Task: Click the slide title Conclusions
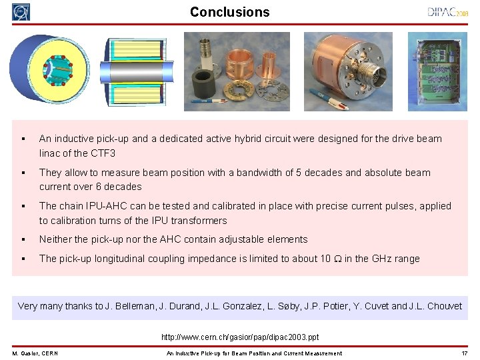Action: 229,12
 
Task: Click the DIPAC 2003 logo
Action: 447,12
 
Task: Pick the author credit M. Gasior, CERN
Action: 35,353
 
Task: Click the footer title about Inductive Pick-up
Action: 254,353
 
